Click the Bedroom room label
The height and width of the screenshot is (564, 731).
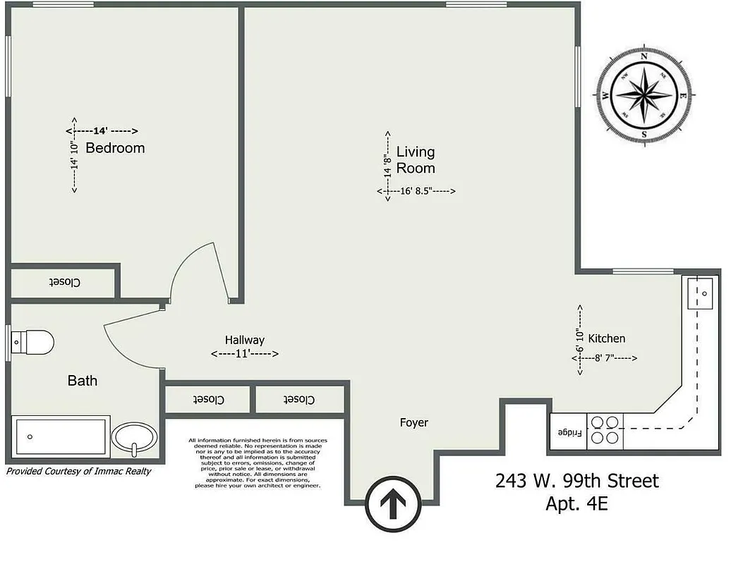tap(115, 148)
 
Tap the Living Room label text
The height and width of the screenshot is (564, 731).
tap(416, 160)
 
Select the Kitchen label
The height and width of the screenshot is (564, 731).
tap(606, 338)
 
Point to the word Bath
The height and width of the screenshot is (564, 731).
tap(83, 381)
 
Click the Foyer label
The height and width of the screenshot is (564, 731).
tap(413, 423)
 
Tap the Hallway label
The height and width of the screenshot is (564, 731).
tap(245, 340)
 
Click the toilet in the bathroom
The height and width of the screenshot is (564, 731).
tap(33, 343)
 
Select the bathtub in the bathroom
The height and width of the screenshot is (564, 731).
tap(61, 437)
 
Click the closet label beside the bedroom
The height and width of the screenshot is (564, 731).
tap(65, 283)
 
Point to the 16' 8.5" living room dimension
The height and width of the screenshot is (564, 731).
tap(416, 191)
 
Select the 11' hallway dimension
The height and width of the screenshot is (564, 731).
tap(245, 354)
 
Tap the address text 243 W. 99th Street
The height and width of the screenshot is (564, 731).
tap(577, 482)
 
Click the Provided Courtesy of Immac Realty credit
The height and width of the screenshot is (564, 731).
tap(78, 471)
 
